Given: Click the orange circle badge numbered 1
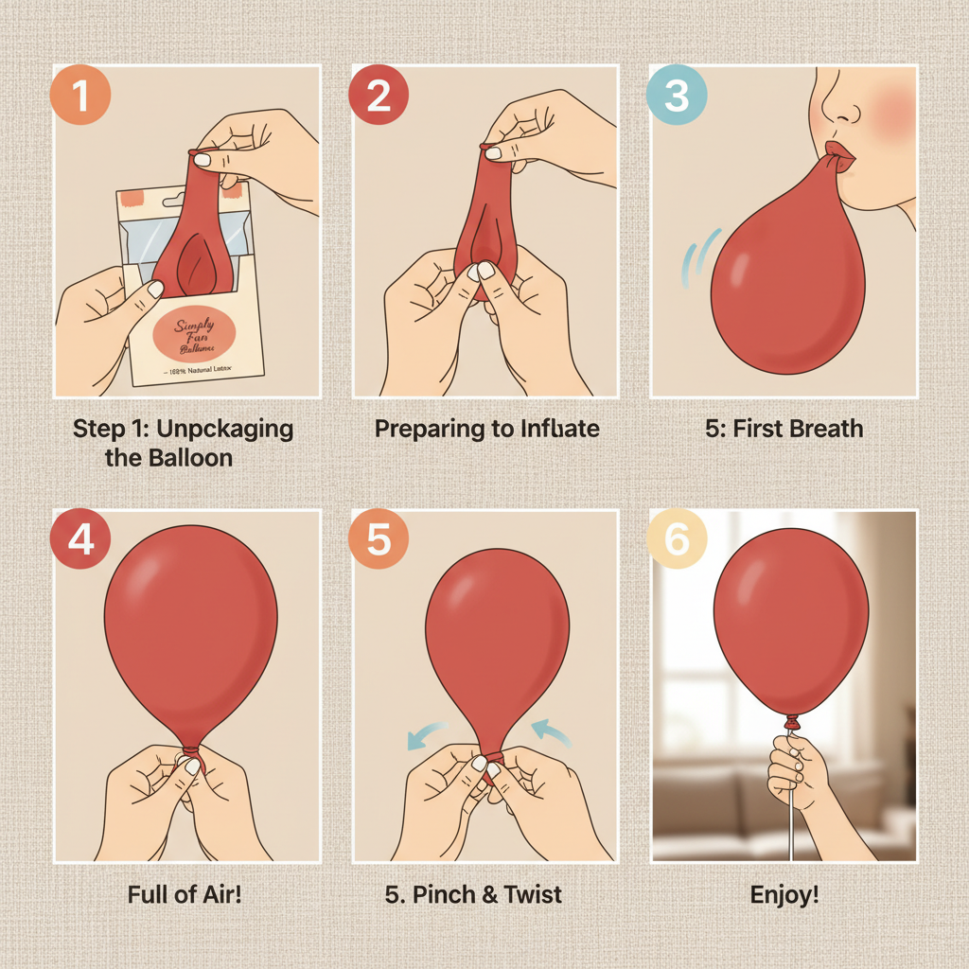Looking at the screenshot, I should (x=81, y=96).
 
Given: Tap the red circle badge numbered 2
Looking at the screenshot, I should (x=379, y=96).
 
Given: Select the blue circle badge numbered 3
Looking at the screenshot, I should (x=676, y=96).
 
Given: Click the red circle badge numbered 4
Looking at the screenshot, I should (x=81, y=539).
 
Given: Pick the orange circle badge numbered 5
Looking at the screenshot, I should (x=379, y=539).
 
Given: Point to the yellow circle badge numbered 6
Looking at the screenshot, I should (x=676, y=539).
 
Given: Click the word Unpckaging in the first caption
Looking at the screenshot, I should (x=225, y=429).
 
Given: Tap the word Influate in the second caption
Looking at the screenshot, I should (x=559, y=429).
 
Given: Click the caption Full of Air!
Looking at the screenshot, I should (x=185, y=893).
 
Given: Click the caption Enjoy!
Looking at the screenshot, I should (x=784, y=893).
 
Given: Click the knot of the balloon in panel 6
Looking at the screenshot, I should (x=791, y=722).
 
